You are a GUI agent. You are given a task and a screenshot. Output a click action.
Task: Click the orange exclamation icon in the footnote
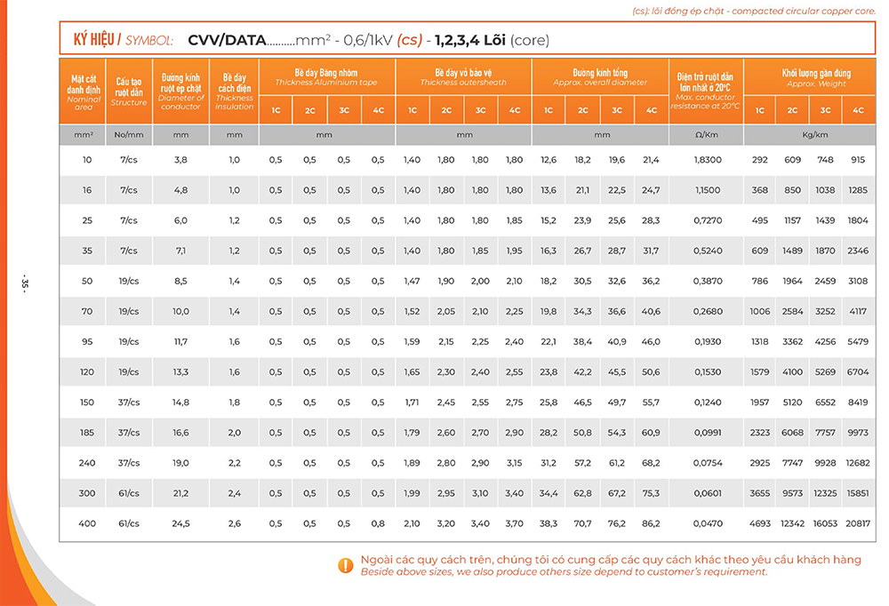coord(346,565)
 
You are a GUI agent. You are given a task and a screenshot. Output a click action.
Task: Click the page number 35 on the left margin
coord(26,284)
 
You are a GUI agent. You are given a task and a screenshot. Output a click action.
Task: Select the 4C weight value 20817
coord(858,523)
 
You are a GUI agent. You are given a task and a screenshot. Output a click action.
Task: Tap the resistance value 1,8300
coord(707,160)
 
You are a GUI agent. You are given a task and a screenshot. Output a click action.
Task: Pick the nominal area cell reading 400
coord(87,523)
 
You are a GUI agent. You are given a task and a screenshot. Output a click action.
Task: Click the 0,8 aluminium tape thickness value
coord(378,523)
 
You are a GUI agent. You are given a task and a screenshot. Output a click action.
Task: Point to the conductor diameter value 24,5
coord(181,523)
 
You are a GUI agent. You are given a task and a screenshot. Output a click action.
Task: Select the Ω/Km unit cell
coord(707,135)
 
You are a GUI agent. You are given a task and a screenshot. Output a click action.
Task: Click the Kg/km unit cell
coord(809,135)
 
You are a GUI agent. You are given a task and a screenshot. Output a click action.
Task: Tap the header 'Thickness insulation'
coord(235,92)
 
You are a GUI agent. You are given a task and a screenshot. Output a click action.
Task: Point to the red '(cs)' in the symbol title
coord(409,40)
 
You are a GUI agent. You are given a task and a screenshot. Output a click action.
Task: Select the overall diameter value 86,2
coord(652,523)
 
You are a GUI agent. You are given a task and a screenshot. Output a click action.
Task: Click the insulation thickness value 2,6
coord(235,523)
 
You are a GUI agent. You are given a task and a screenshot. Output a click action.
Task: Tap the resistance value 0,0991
coord(707,433)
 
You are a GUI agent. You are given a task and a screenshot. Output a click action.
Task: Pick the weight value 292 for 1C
coord(759,160)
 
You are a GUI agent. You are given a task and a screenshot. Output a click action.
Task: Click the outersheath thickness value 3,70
coord(514,523)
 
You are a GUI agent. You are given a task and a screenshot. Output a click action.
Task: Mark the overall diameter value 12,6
coord(549,160)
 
